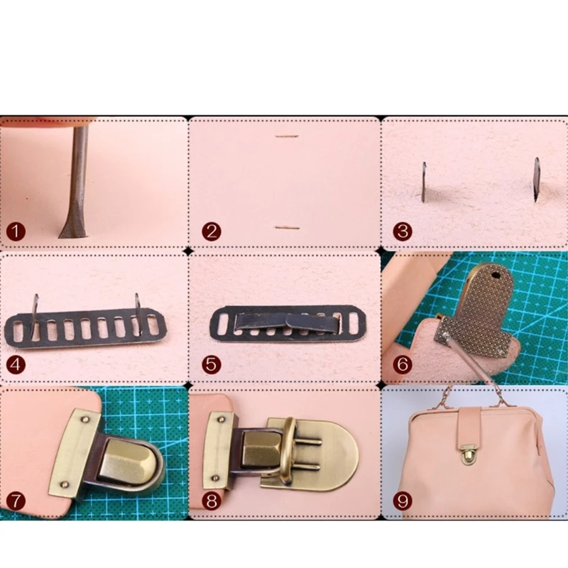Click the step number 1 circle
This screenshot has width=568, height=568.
(x=16, y=231)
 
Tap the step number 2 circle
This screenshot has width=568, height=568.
(x=212, y=231)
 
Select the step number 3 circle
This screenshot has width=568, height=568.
(x=403, y=231)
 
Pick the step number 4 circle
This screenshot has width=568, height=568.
(x=16, y=366)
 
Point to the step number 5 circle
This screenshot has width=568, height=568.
(x=212, y=366)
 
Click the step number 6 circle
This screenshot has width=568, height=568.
(x=403, y=366)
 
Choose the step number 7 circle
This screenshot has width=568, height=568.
(x=16, y=500)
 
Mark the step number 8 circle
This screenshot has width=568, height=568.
(x=212, y=500)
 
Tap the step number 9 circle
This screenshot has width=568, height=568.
(x=403, y=500)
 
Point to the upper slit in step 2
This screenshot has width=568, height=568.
(x=285, y=136)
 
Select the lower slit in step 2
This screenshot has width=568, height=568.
(x=286, y=228)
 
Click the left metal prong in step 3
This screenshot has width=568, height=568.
(x=424, y=182)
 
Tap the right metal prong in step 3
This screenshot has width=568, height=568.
(x=536, y=179)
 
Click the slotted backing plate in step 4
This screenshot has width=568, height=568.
(x=85, y=329)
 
